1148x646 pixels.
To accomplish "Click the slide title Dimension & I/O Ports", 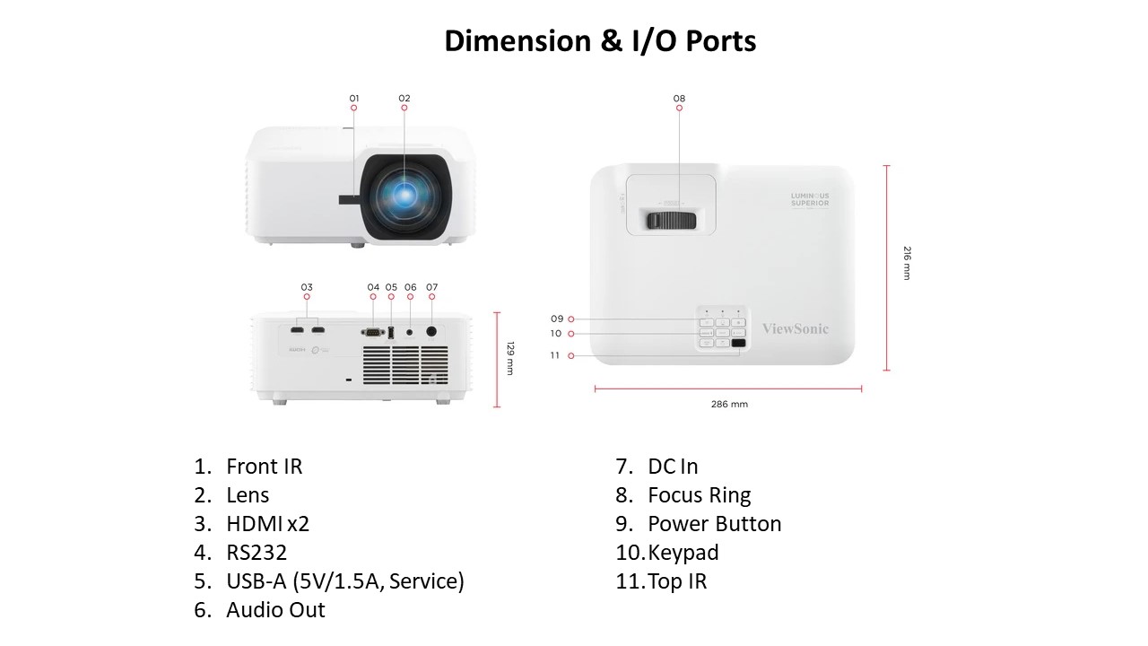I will click(600, 41).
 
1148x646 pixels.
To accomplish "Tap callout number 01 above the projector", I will click(354, 98).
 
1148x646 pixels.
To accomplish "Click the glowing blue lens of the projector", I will click(404, 192).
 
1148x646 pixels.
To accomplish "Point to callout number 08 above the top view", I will click(679, 98).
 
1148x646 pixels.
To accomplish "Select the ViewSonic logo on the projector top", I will click(795, 328).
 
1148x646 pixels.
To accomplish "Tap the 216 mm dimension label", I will click(907, 263).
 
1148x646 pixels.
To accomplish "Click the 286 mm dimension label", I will click(729, 404).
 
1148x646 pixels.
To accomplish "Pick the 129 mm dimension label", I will click(510, 358).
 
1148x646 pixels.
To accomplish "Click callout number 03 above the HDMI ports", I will click(307, 287).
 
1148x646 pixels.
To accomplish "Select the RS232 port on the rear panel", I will click(373, 332).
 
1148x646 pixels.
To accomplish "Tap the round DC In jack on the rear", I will click(431, 330).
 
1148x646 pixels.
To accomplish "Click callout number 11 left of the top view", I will click(555, 355).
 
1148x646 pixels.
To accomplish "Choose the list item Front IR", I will click(264, 467).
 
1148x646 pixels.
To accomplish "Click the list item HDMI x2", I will click(267, 524).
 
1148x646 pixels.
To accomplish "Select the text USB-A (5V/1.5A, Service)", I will click(344, 581).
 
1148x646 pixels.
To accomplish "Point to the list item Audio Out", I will click(275, 610).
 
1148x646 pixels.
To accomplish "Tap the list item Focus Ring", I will click(699, 495).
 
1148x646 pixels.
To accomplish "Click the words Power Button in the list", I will click(714, 524).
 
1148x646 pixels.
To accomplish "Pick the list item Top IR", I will click(677, 581).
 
